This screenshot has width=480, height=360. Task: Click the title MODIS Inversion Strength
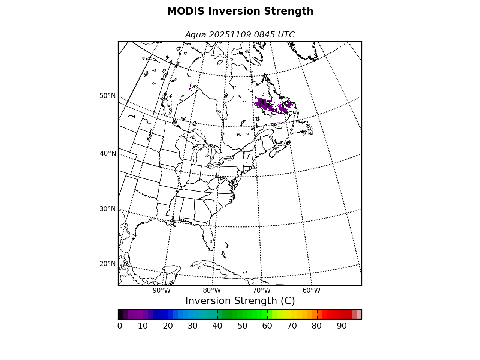pos(240,12)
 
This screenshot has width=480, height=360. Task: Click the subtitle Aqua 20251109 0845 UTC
pos(240,35)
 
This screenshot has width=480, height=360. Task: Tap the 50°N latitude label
pos(107,96)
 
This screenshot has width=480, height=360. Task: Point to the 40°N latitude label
pos(107,153)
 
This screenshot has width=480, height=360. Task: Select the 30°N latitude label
pos(107,209)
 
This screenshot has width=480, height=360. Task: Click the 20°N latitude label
pos(107,264)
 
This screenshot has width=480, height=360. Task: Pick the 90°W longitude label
pos(162,290)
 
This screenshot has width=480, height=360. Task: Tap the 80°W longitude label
pos(212,290)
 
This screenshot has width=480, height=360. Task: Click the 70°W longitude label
pos(262,290)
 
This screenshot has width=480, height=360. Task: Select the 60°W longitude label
pos(312,290)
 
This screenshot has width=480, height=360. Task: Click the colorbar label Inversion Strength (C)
pos(240,301)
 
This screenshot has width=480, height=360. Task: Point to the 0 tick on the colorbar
pos(120,326)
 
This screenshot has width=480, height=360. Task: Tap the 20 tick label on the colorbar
pos(168,326)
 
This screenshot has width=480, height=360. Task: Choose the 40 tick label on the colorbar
pos(217,326)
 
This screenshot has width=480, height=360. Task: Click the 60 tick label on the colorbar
pos(267,326)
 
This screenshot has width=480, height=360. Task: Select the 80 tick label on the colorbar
pos(317,326)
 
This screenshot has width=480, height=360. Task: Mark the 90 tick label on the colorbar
pos(342,326)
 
